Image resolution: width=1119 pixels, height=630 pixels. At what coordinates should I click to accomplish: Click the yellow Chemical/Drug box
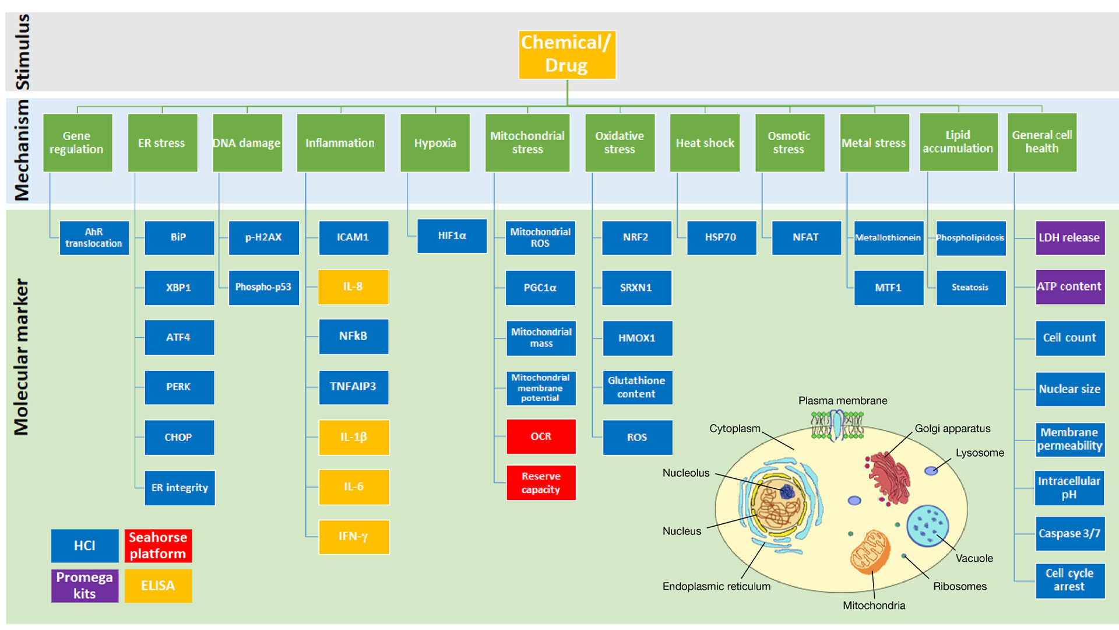[x=567, y=55]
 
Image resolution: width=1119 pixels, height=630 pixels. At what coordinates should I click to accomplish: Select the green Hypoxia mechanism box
[x=435, y=143]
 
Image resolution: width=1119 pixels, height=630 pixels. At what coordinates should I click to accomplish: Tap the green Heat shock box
[x=705, y=143]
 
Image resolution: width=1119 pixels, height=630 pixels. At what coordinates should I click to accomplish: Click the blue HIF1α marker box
[x=452, y=236]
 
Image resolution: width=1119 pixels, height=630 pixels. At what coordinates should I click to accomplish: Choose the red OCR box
[x=541, y=436]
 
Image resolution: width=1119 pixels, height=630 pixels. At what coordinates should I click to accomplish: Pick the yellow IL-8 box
[x=353, y=287]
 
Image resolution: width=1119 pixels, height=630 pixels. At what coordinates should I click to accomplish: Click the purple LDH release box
[x=1069, y=237]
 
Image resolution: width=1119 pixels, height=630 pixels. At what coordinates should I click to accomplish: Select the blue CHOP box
[x=179, y=437]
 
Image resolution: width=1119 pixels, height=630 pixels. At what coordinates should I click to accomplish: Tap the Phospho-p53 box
[x=263, y=287]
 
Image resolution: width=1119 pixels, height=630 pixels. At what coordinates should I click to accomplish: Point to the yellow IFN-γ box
[x=354, y=537]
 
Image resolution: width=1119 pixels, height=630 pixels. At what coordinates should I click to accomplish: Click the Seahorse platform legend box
[x=158, y=545]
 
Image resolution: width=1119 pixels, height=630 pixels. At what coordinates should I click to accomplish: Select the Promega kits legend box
[x=85, y=586]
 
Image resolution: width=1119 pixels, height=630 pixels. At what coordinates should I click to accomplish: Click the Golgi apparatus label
[x=952, y=429]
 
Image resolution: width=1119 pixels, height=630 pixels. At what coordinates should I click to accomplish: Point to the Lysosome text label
[x=980, y=453]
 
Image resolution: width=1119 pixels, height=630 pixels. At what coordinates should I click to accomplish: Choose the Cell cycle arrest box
[x=1069, y=580]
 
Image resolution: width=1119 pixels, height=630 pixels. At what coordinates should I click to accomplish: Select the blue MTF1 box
[x=888, y=288]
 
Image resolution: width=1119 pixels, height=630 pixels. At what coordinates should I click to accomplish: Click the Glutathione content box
[x=637, y=387]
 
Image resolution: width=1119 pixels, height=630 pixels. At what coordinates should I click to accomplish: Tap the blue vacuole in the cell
[x=927, y=526]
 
